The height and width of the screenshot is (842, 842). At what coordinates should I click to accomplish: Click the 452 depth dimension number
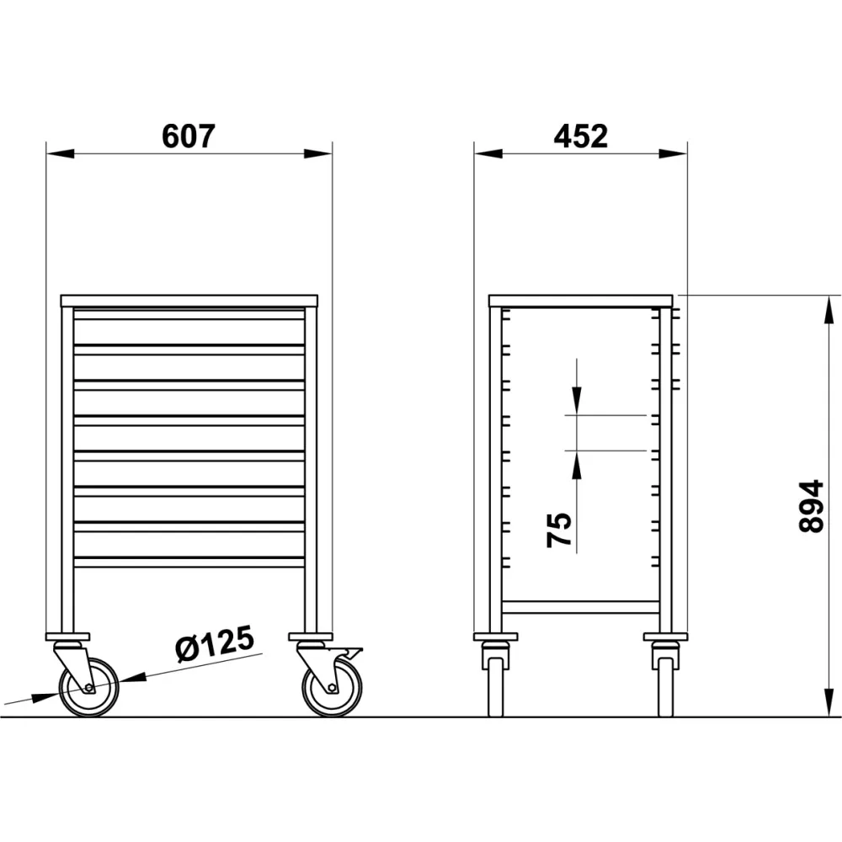point(581,136)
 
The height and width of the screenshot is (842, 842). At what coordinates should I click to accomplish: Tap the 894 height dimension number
point(810,506)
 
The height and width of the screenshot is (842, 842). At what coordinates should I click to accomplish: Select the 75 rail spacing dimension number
point(561,530)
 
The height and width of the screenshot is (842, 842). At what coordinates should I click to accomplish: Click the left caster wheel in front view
point(88,687)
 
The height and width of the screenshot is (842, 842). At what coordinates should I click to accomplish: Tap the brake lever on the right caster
point(353,653)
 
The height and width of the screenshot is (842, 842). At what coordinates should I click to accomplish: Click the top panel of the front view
point(189,299)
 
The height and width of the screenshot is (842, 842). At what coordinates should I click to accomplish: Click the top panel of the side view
point(581,299)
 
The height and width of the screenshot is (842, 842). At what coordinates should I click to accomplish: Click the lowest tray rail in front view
point(189,562)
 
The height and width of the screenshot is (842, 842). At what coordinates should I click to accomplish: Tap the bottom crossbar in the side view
point(581,605)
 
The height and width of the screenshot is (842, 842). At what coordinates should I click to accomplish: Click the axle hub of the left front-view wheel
point(89,689)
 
